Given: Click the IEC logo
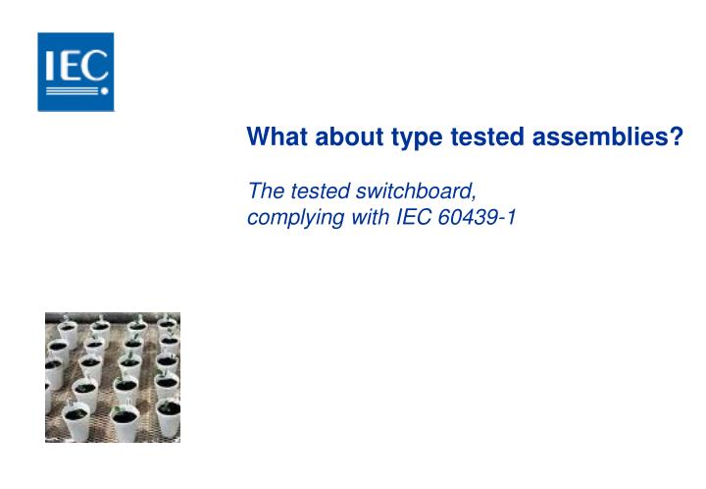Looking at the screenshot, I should [76, 71].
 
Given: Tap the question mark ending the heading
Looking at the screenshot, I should [677, 138].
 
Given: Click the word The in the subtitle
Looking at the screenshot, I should [265, 190].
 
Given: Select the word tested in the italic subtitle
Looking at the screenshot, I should [315, 190].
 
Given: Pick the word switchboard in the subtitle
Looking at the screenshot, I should [412, 190].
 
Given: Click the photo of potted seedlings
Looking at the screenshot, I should [113, 378].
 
